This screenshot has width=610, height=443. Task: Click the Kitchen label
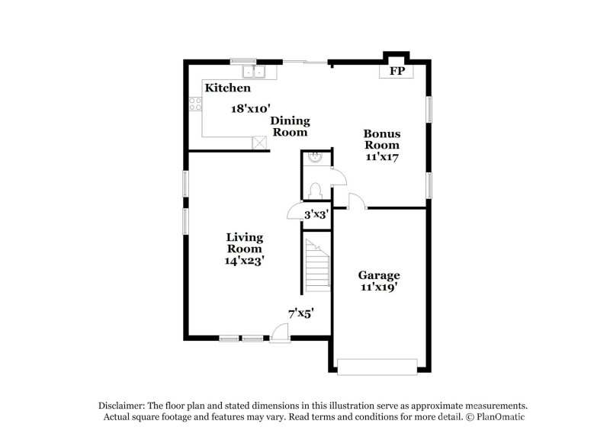(227, 88)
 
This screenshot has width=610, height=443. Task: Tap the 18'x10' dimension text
(252, 109)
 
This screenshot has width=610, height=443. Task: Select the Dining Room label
(290, 126)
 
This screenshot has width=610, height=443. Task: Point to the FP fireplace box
(396, 71)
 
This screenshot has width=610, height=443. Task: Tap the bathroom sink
(314, 159)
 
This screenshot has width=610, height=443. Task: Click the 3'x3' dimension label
(316, 215)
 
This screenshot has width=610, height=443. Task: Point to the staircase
(317, 265)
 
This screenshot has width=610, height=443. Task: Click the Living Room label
(245, 242)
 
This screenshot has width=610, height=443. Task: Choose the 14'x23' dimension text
(245, 261)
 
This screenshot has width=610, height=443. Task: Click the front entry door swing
(280, 332)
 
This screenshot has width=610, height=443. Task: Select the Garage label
(379, 275)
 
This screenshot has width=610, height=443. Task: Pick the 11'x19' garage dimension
(379, 287)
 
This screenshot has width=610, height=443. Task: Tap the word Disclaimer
(124, 406)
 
